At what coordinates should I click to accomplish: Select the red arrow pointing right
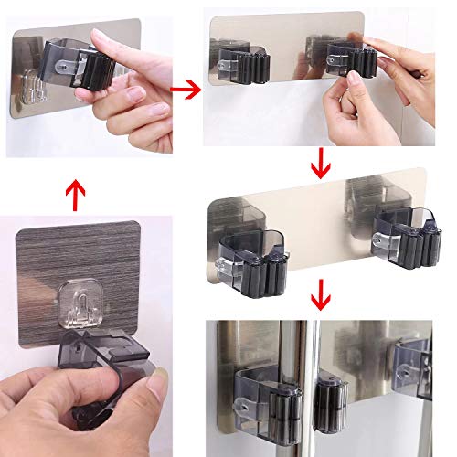[187, 90]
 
